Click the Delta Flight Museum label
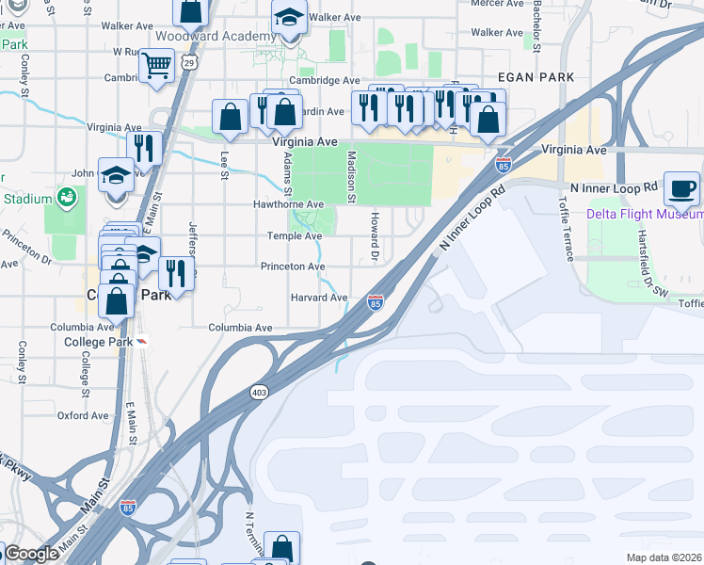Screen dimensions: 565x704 pos(645,214)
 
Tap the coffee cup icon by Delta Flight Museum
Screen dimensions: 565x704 pos(682,187)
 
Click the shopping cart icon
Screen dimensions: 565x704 pos(156,65)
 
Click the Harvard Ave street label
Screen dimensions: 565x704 pos(319,298)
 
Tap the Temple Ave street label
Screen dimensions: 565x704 pos(296,235)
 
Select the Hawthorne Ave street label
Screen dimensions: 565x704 pos(288,203)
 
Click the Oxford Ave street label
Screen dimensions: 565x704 pos(84,414)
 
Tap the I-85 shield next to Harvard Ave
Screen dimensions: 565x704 pos(376,302)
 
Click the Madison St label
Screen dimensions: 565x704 pos(351,176)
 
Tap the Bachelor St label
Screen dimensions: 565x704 pos(536,25)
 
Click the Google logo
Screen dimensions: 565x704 pos(31,554)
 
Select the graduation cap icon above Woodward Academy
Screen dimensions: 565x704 pos(289,18)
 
